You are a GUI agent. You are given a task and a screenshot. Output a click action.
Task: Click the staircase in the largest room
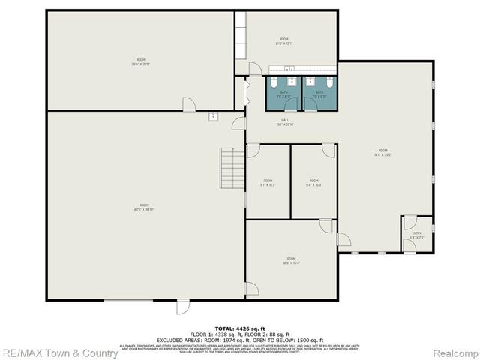click(232, 169)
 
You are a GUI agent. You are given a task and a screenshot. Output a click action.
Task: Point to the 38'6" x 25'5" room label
click(141, 61)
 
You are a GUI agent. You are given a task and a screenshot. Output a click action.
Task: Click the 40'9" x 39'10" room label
click(143, 208)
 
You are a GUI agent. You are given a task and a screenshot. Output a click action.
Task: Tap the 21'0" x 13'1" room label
click(284, 41)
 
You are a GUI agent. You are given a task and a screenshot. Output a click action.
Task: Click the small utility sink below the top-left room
click(213, 116)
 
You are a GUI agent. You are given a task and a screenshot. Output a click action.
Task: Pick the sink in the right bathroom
click(309, 79)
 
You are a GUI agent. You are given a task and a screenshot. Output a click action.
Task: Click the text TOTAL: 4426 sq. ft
click(240, 328)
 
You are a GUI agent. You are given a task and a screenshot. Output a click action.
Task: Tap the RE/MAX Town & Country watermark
click(59, 352)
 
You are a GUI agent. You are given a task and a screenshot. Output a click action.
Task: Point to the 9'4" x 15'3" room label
click(313, 183)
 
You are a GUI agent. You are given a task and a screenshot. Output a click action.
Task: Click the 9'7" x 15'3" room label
click(268, 183)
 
